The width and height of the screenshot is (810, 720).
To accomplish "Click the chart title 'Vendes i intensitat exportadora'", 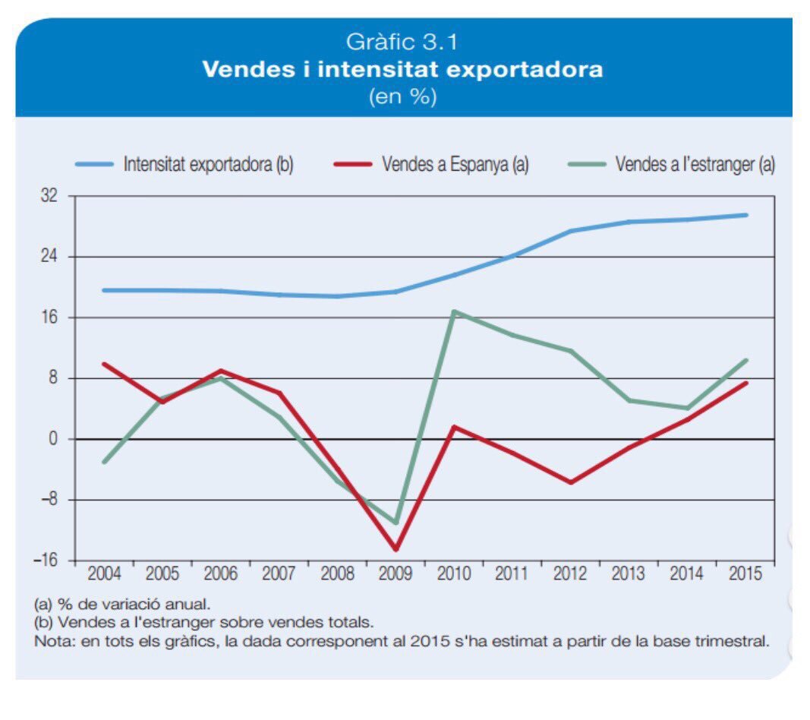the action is (402, 69).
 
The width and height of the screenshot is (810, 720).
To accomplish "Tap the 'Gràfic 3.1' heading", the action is (402, 42).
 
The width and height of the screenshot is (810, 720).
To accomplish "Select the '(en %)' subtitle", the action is (402, 96).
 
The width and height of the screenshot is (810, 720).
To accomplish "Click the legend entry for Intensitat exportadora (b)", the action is (184, 164).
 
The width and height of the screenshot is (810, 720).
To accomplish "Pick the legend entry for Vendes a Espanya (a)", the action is (431, 164).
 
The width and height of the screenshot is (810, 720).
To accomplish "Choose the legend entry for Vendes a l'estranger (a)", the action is (672, 164).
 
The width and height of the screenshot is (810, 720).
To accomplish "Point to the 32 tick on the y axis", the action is (49, 196).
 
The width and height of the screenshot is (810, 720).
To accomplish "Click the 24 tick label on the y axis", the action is (49, 257).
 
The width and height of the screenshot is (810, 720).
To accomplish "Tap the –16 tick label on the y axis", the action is (46, 561).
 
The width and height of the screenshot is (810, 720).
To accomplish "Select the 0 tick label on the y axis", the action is (53, 439).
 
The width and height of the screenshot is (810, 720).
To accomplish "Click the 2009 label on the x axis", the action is (396, 573).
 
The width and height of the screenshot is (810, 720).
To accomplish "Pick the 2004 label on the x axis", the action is (104, 573).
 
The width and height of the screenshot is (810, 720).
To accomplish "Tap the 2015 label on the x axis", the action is (745, 573).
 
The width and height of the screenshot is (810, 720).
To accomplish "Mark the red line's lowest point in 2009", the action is (396, 549).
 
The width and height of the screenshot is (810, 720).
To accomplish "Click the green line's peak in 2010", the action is (453, 311).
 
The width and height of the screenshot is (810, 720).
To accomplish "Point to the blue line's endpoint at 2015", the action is (745, 215).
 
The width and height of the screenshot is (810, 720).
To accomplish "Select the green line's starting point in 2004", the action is (104, 462).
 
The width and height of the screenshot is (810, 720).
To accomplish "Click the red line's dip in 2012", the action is (571, 482).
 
